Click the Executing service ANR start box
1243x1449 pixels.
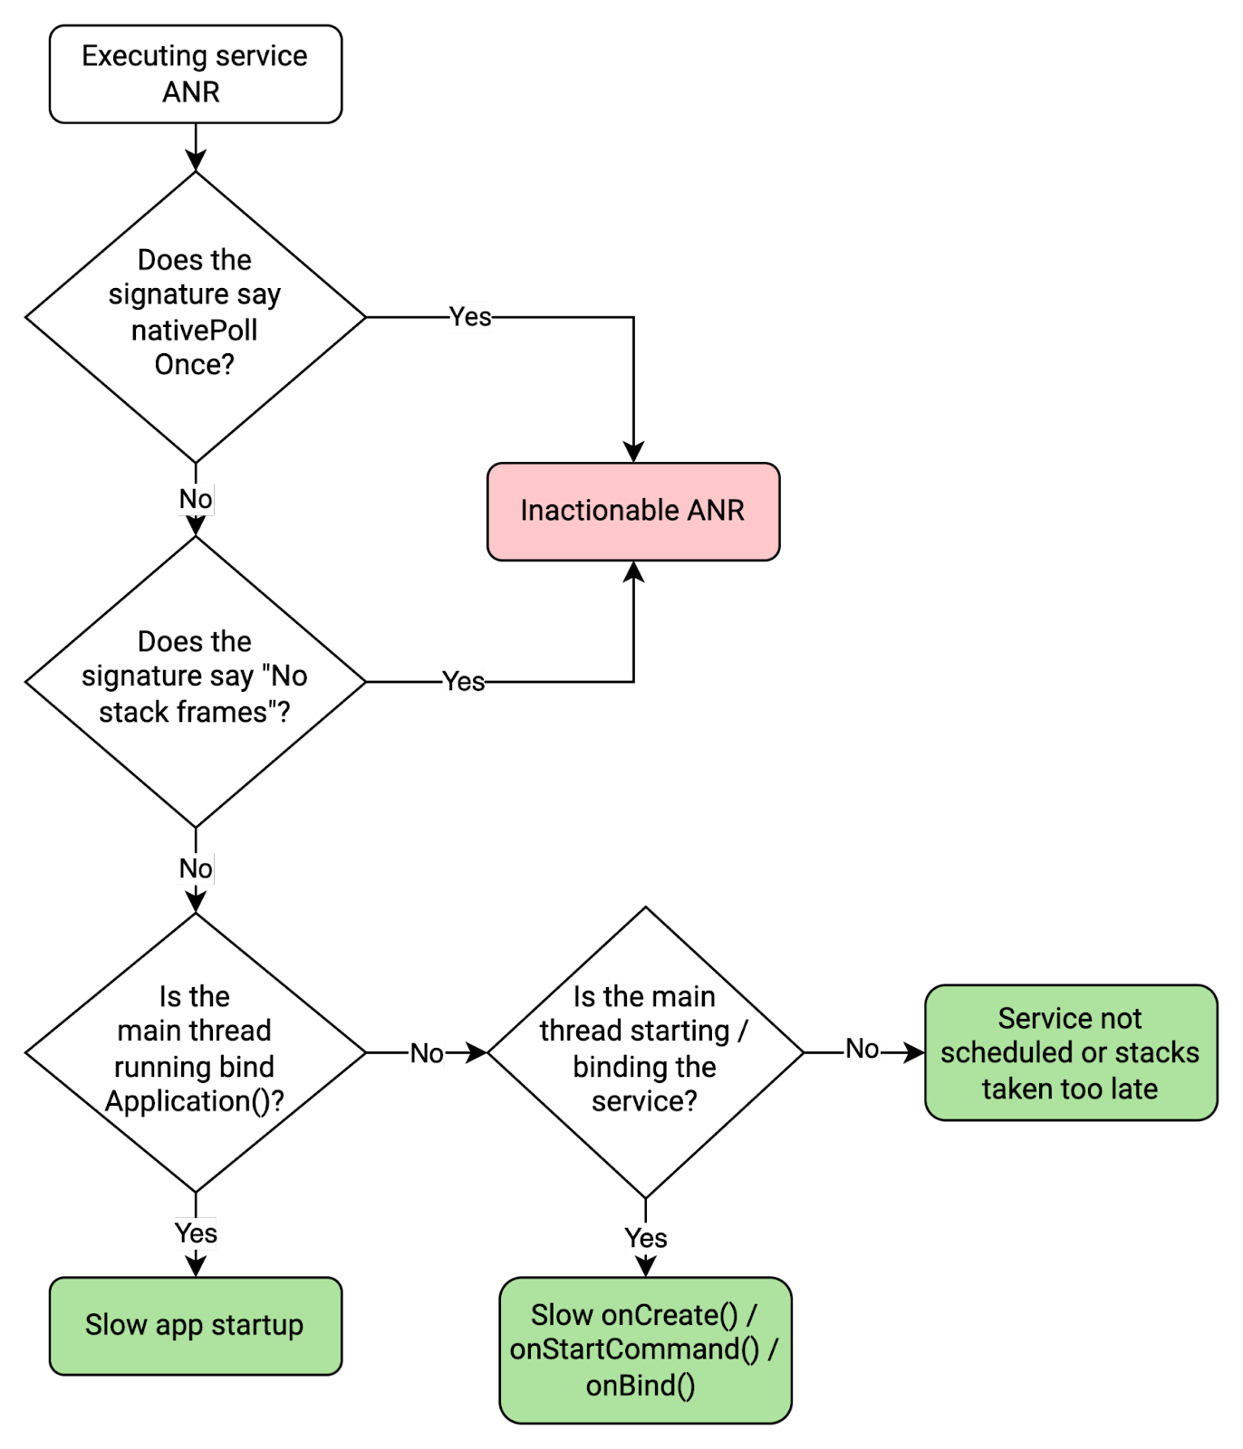pos(195,74)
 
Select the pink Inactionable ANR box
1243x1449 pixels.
pos(633,512)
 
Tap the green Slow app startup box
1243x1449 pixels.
pos(195,1326)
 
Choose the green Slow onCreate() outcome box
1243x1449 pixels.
pos(645,1349)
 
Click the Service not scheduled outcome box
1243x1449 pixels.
pos(1070,1053)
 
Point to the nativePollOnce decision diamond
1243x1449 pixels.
pos(195,317)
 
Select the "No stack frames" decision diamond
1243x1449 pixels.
pos(195,681)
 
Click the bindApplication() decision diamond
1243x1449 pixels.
pos(195,1052)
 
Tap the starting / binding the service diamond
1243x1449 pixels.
pos(645,1052)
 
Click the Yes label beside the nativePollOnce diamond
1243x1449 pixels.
pos(470,317)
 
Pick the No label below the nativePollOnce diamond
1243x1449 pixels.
pos(196,499)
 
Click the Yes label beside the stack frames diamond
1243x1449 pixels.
pos(463,681)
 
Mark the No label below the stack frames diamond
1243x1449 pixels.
pos(196,869)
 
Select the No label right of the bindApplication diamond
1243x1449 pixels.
pos(427,1053)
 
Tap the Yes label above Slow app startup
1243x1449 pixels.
pos(196,1233)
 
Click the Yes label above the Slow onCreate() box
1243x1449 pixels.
pos(645,1238)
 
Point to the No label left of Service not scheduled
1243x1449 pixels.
pos(862,1049)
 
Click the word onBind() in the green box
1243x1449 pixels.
pos(641,1386)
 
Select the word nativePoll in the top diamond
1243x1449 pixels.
pos(194,331)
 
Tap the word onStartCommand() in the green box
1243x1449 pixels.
pos(634,1349)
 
